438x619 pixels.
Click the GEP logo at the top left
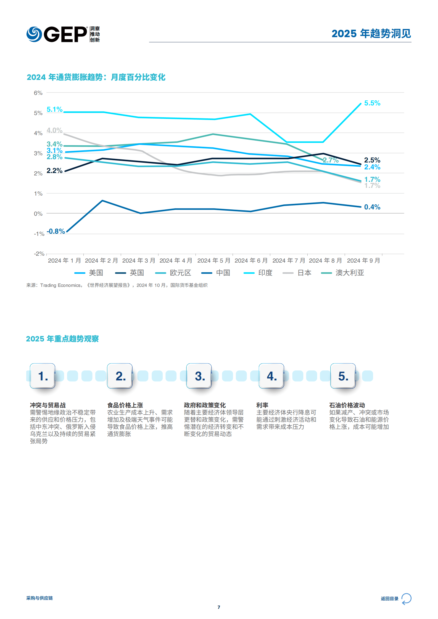point(63,34)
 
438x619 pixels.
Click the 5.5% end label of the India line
point(372,103)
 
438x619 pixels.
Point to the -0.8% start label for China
point(56,231)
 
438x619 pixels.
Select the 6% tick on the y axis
point(38,93)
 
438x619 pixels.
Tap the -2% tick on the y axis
point(39,254)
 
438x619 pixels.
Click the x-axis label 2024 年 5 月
point(214,261)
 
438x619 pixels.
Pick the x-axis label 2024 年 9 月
point(363,261)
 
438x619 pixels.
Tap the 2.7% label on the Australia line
point(331,160)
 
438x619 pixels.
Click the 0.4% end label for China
point(372,207)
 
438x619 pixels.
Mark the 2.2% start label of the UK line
point(54,171)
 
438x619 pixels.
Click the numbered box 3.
point(199,376)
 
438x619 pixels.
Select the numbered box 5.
point(343,376)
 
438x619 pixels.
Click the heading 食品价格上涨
point(125,405)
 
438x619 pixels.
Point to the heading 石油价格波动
point(347,405)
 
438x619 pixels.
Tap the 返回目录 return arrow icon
point(407,599)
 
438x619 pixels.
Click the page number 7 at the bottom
point(219,607)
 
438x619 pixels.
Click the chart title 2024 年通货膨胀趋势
point(65,77)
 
